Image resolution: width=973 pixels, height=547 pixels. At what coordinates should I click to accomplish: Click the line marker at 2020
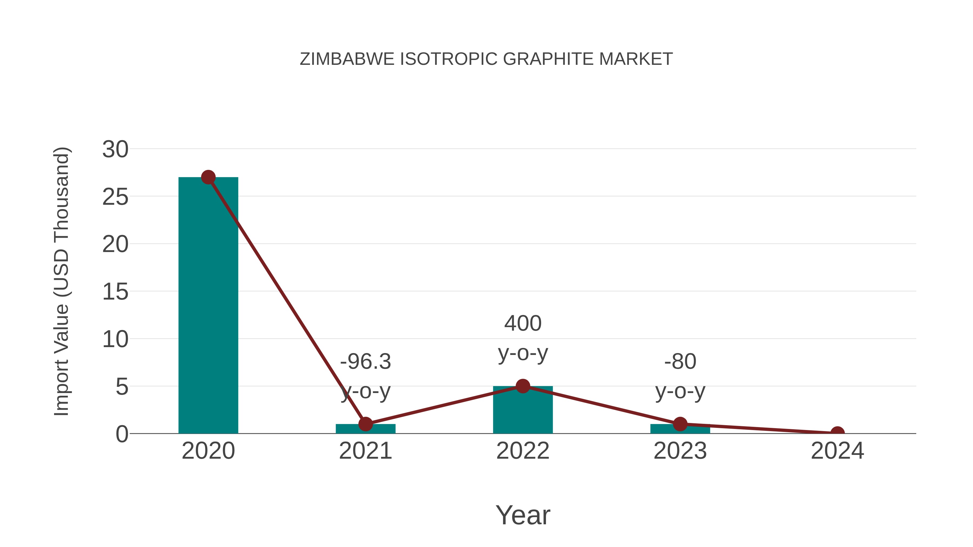coord(208,177)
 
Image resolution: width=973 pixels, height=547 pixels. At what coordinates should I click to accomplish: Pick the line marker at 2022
coord(523,386)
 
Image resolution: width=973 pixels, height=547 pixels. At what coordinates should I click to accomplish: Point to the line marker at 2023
coord(680,424)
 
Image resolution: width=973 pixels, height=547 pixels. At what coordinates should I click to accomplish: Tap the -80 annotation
coord(680,362)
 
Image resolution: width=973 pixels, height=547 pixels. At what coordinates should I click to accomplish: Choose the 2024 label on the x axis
coord(837,451)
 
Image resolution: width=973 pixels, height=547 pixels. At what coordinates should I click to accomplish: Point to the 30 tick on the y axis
coord(115,149)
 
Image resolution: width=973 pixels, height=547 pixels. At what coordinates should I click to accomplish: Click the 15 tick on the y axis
coord(115,292)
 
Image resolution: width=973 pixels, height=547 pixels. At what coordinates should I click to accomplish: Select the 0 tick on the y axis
coord(122,434)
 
